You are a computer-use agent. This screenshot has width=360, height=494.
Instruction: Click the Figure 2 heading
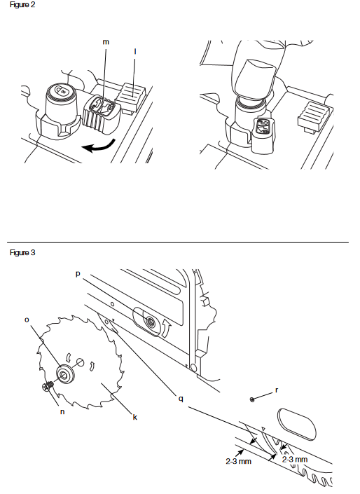[x=22, y=5]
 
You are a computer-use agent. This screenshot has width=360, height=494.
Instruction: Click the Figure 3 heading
[x=22, y=253]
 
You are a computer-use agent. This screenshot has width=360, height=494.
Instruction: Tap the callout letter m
[x=106, y=42]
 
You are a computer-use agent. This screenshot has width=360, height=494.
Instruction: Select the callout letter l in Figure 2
[x=135, y=51]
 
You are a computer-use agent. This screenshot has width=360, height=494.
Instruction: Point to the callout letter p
[x=78, y=274]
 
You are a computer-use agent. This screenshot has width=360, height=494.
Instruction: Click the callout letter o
[x=27, y=320]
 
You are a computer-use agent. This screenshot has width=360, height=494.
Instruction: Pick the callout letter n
[x=62, y=411]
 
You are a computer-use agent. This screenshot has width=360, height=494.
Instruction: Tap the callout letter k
[x=134, y=417]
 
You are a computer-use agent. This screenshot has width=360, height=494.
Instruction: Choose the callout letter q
[x=181, y=399]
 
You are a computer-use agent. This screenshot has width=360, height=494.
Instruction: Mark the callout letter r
[x=277, y=390]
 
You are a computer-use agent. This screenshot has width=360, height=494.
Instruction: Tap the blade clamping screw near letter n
[x=47, y=387]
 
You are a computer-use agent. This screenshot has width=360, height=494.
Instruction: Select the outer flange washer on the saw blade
[x=65, y=374]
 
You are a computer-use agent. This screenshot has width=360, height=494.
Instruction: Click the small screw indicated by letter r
[x=251, y=400]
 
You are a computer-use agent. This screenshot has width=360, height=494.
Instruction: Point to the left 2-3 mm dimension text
[x=238, y=461]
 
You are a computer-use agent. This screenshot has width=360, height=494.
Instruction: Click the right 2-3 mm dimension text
[x=295, y=459]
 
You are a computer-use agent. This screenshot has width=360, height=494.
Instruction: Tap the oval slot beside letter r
[x=297, y=424]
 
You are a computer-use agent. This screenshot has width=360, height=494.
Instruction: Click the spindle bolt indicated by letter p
[x=150, y=322]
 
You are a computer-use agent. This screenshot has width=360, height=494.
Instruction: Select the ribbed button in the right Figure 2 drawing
[x=314, y=116]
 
